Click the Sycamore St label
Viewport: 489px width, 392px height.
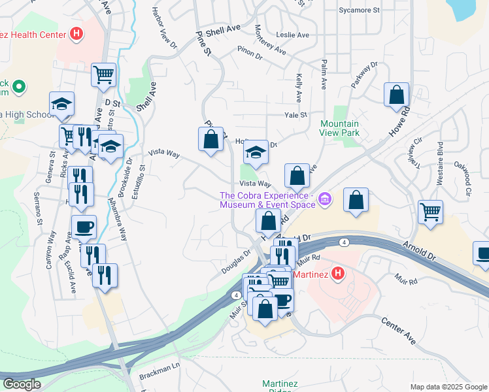[x=359, y=10]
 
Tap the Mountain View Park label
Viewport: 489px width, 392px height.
[x=339, y=127]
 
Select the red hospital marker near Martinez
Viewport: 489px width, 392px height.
[x=337, y=273]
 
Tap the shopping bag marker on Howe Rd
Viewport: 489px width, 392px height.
[x=396, y=95]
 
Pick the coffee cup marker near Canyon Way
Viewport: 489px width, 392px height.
[x=84, y=227]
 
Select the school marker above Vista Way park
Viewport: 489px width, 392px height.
[x=256, y=153]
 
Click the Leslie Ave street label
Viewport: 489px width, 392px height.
[x=293, y=34]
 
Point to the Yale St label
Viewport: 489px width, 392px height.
[x=295, y=115]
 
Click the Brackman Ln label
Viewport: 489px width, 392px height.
[x=158, y=369]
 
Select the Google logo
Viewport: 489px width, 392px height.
[x=21, y=384]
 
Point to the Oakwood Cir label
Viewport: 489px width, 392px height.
[x=467, y=180]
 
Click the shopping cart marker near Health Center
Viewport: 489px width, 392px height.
[x=103, y=75]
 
